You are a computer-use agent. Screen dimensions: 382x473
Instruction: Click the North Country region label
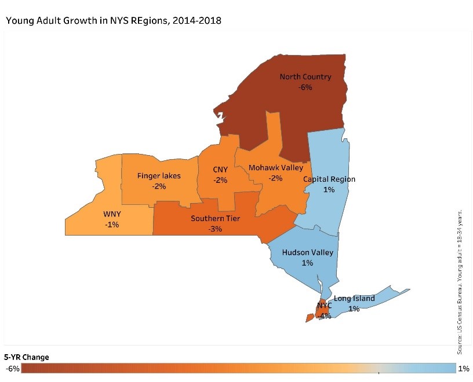(x=305, y=76)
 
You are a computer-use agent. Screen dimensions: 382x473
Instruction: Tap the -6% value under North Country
(x=305, y=87)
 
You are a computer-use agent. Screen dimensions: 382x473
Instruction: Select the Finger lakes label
(x=159, y=175)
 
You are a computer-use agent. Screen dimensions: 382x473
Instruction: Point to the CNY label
(x=220, y=170)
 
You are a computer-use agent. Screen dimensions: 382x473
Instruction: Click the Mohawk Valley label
(x=276, y=168)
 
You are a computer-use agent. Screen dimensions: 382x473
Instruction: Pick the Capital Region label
(x=329, y=179)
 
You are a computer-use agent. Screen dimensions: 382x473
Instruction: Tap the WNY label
(x=112, y=214)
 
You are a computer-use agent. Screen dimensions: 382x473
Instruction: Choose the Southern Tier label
(x=216, y=218)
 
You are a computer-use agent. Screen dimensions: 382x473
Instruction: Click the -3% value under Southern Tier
(x=216, y=229)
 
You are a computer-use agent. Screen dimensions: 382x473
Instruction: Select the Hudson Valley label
(x=307, y=252)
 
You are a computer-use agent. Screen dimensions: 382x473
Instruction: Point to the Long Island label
(x=354, y=299)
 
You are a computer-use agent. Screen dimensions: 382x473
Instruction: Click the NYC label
(x=324, y=305)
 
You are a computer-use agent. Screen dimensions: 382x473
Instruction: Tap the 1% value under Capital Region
(x=329, y=190)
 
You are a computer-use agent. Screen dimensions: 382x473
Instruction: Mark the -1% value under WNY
(x=112, y=225)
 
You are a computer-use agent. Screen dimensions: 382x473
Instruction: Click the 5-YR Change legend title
(x=27, y=357)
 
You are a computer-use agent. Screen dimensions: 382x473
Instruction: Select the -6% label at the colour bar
(x=13, y=369)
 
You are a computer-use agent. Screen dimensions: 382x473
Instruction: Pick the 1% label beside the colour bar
(x=464, y=369)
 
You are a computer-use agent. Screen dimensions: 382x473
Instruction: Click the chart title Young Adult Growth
(x=114, y=20)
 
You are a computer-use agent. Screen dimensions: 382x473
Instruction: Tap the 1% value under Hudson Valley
(x=307, y=263)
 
